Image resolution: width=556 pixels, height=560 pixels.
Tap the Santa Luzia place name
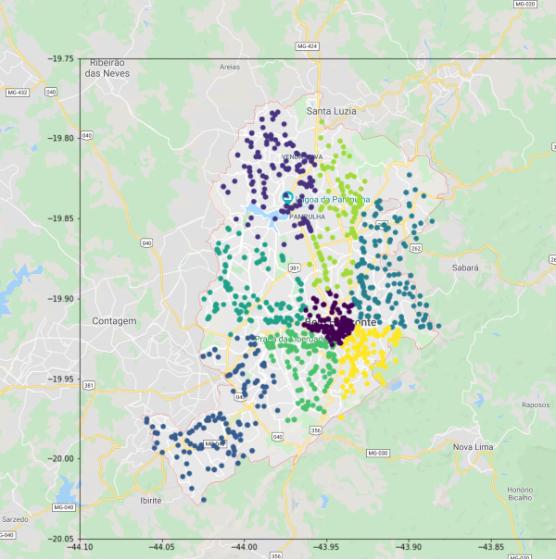(x=332, y=111)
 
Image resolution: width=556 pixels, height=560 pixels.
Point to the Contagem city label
(x=114, y=321)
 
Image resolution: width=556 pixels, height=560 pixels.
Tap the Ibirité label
(x=149, y=500)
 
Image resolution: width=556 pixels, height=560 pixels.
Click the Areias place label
(x=230, y=67)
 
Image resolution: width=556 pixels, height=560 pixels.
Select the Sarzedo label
(x=15, y=519)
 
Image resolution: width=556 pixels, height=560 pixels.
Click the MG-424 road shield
(x=306, y=45)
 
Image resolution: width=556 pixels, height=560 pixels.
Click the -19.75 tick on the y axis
(x=62, y=58)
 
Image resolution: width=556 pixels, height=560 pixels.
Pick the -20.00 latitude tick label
(x=62, y=459)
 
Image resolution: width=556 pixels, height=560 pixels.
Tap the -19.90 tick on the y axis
(x=62, y=299)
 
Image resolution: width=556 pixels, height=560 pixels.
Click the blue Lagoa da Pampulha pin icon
(x=286, y=197)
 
